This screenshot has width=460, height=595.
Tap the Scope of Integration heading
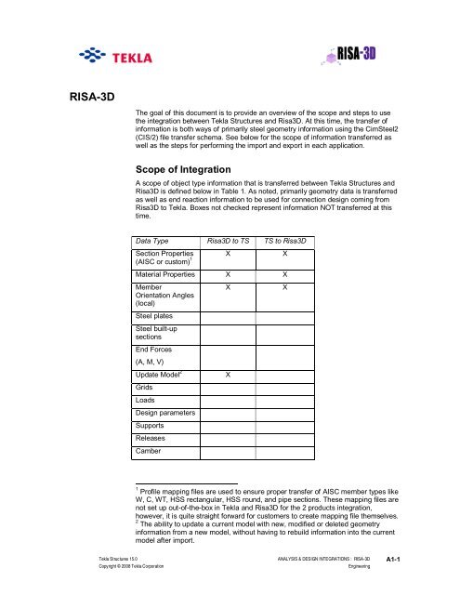189,168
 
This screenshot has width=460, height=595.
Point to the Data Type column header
153,242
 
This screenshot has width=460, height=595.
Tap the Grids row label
145,388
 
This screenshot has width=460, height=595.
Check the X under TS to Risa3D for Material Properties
285,275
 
